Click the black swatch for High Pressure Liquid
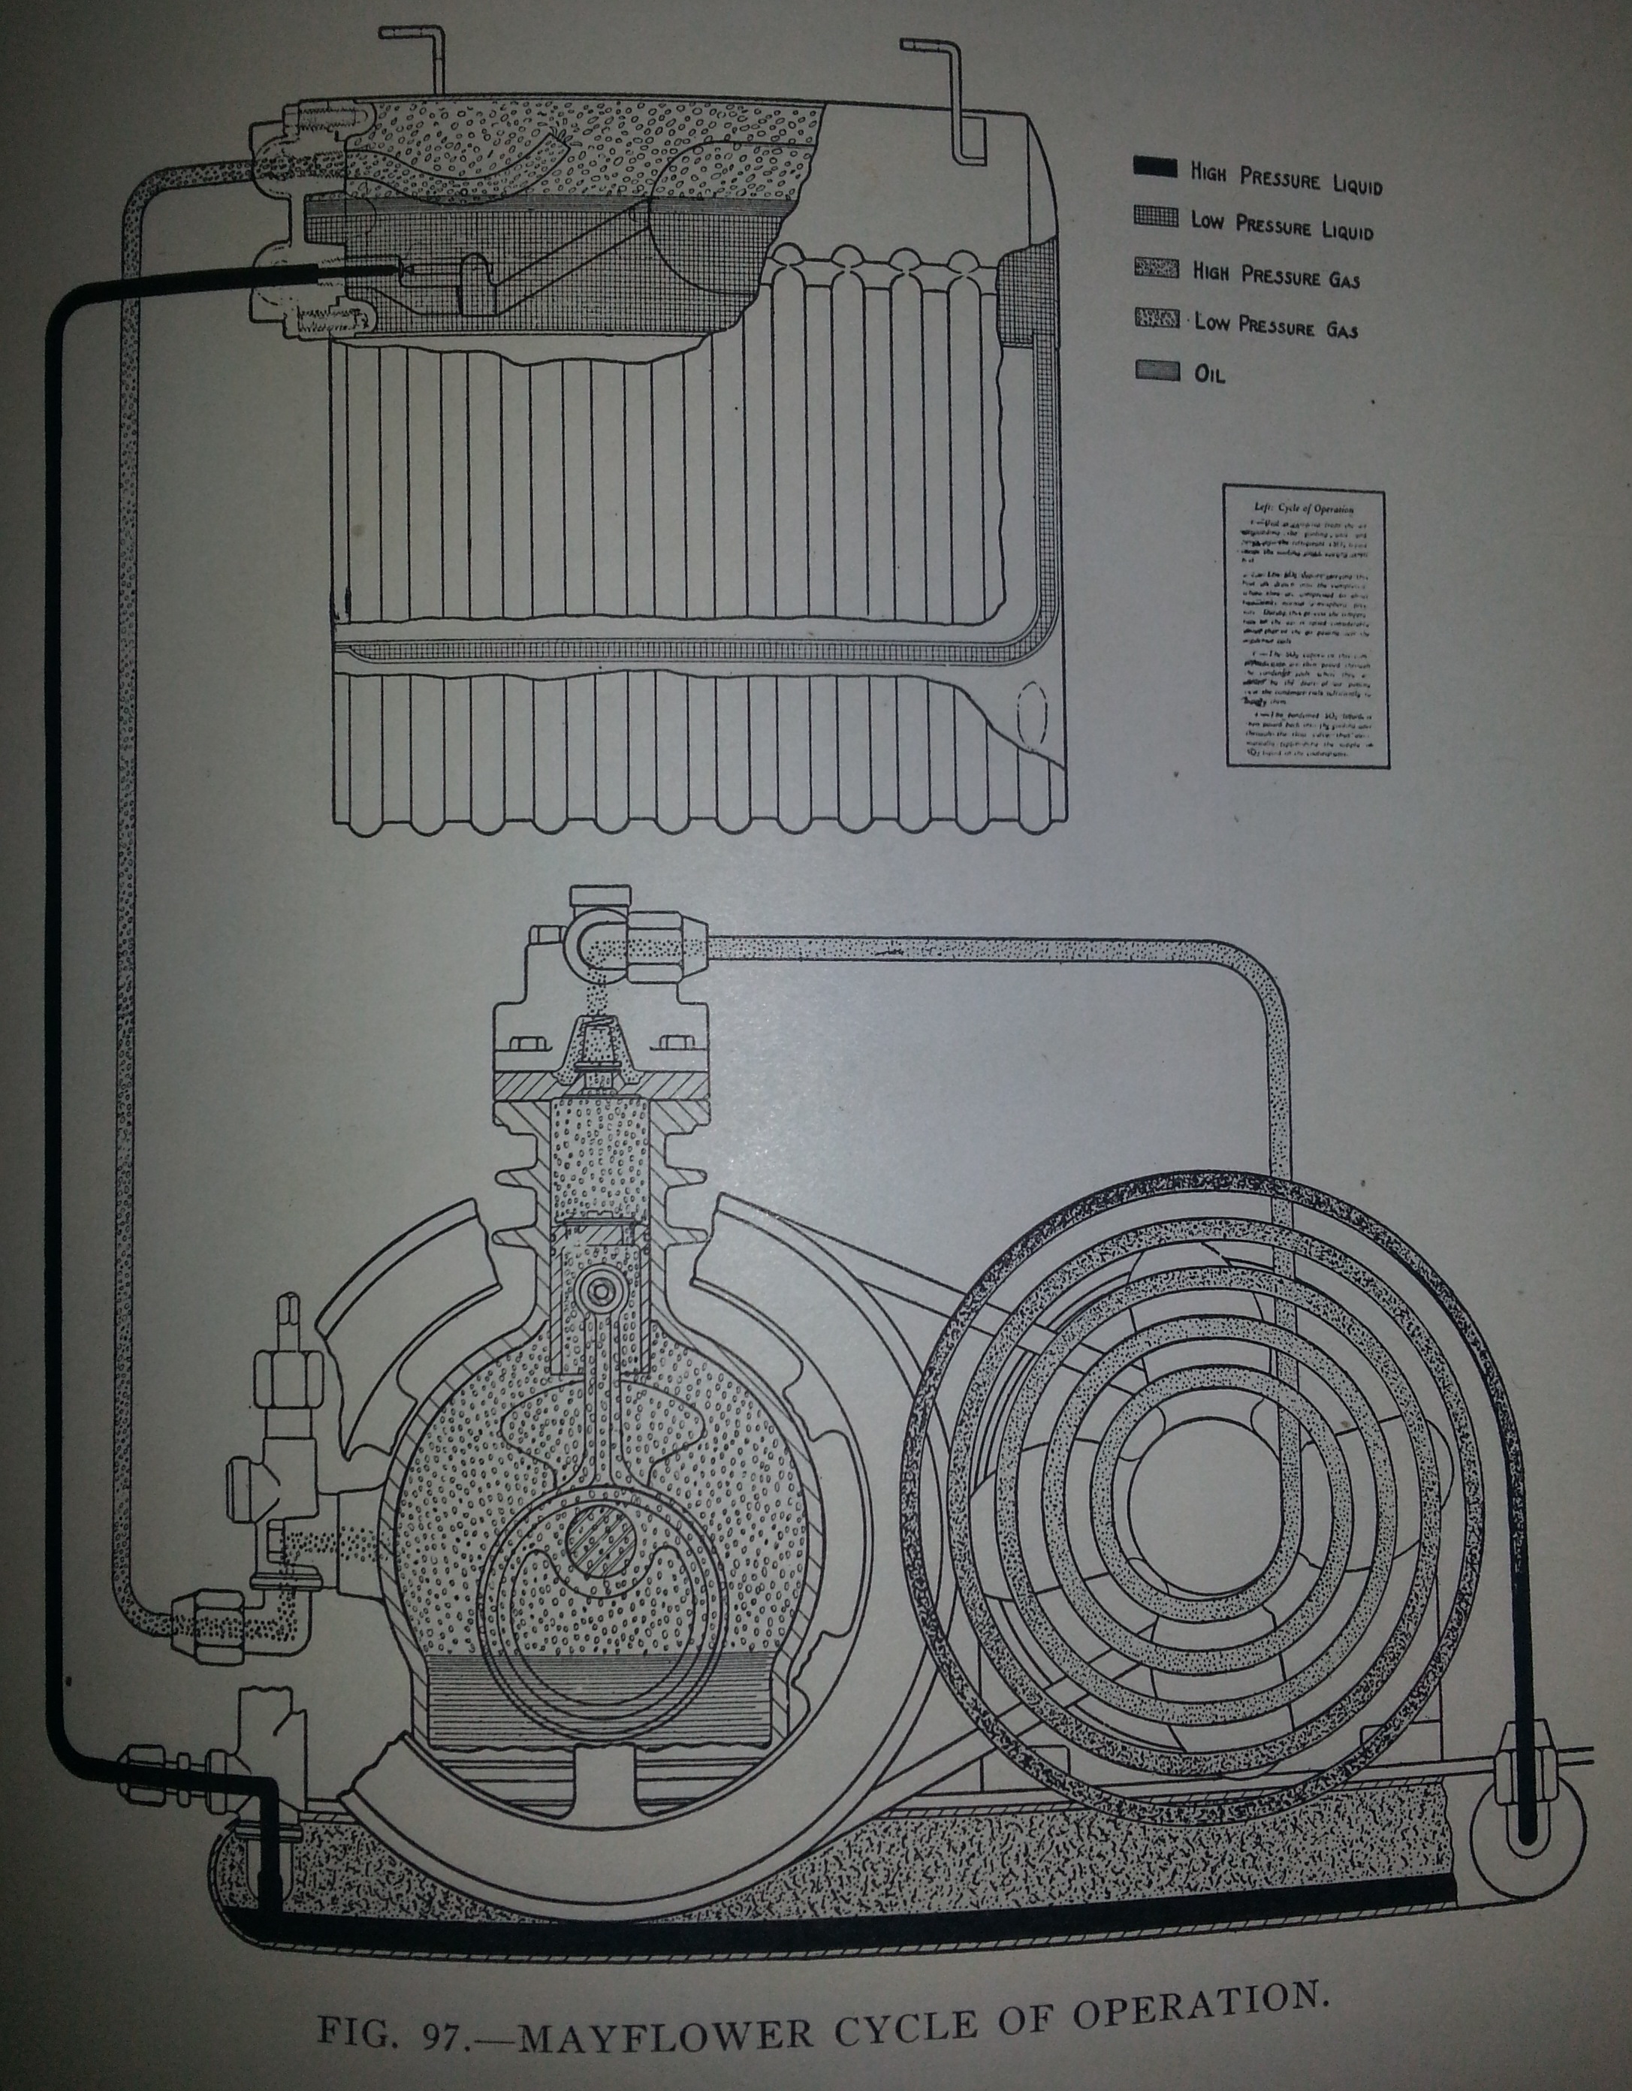(1154, 167)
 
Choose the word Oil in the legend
(1209, 373)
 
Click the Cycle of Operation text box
(1304, 628)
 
